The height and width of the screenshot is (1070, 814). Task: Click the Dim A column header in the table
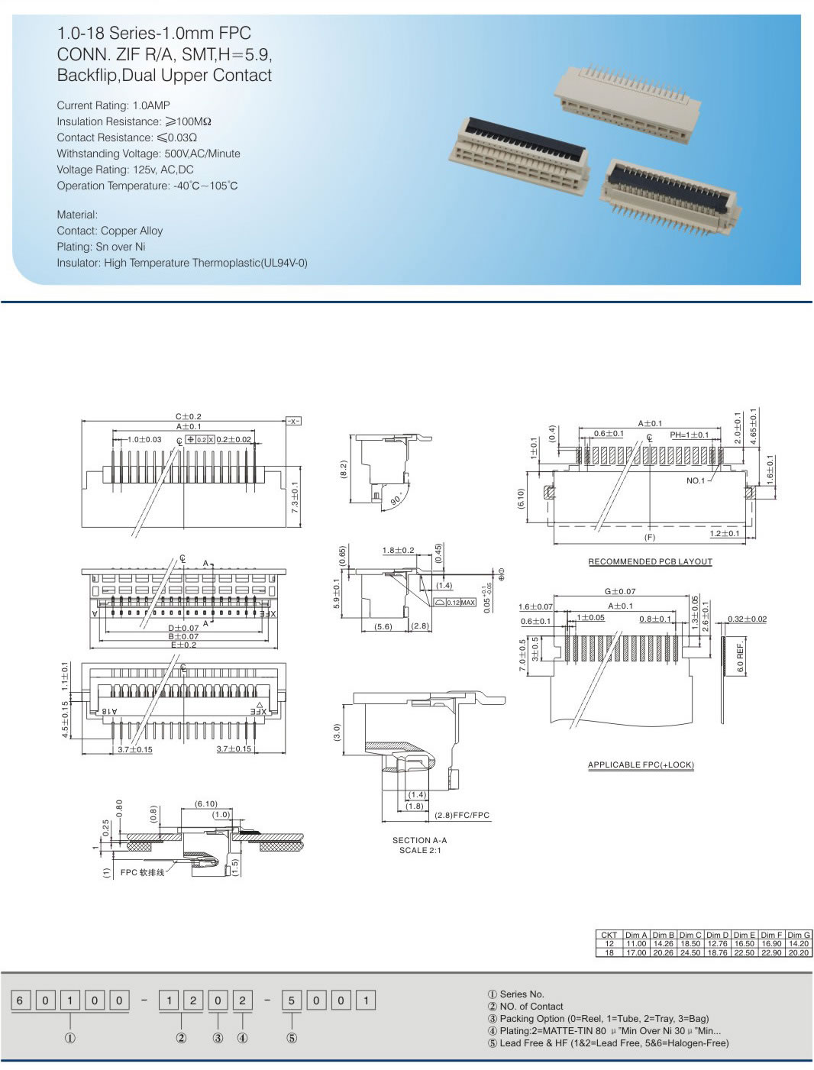(635, 935)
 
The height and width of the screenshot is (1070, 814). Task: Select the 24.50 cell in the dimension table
(690, 952)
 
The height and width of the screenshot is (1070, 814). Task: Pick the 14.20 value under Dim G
(799, 944)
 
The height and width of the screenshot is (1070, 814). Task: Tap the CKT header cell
(609, 935)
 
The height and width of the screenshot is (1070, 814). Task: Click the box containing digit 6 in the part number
(21, 1000)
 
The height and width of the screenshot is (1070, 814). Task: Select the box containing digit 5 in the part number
(292, 1000)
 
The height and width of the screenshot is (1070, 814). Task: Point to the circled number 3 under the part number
(218, 1038)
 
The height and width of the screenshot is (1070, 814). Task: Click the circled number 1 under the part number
(70, 1038)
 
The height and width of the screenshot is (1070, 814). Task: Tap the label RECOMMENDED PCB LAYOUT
(650, 561)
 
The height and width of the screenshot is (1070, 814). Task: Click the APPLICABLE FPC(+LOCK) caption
(641, 765)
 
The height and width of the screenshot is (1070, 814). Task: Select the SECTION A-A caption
(419, 840)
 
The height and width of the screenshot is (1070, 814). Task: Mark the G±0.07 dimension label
(620, 591)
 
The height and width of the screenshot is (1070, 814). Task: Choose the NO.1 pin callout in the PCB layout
(696, 480)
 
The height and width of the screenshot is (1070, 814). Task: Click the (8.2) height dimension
(344, 470)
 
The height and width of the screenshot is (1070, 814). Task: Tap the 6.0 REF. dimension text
(740, 657)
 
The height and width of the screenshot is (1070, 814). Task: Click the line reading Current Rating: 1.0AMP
(113, 105)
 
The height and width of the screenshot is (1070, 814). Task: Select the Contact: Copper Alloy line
(109, 231)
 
